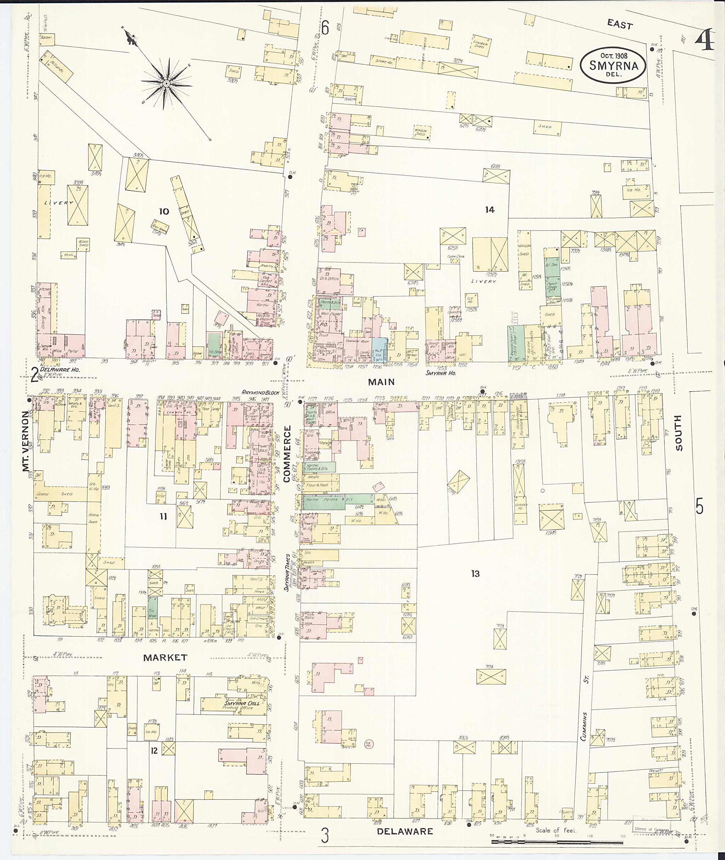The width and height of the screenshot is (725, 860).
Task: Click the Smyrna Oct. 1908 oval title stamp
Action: (x=613, y=65)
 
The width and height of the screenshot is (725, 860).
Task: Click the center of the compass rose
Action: (x=167, y=84)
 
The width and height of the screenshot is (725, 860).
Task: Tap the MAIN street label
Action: (x=381, y=382)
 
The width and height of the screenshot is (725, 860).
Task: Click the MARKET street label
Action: (x=165, y=658)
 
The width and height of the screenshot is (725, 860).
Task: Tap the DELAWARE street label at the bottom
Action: (x=405, y=831)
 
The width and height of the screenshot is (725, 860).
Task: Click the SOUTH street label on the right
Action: (x=678, y=432)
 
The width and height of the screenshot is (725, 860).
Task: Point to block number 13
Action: (x=475, y=574)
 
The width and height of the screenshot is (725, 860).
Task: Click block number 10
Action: (x=164, y=211)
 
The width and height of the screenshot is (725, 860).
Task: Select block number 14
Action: (x=489, y=210)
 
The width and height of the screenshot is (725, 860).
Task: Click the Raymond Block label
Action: (x=261, y=392)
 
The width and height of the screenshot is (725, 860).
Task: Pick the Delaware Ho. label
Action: (x=59, y=370)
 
